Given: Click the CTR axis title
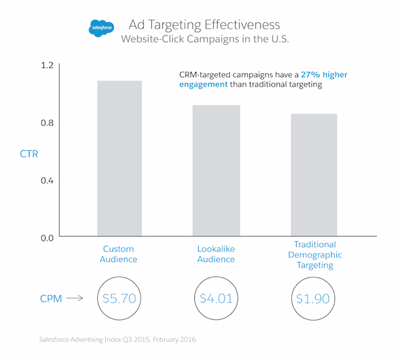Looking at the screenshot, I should [x=29, y=154].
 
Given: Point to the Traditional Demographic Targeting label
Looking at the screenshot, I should [x=314, y=255].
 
